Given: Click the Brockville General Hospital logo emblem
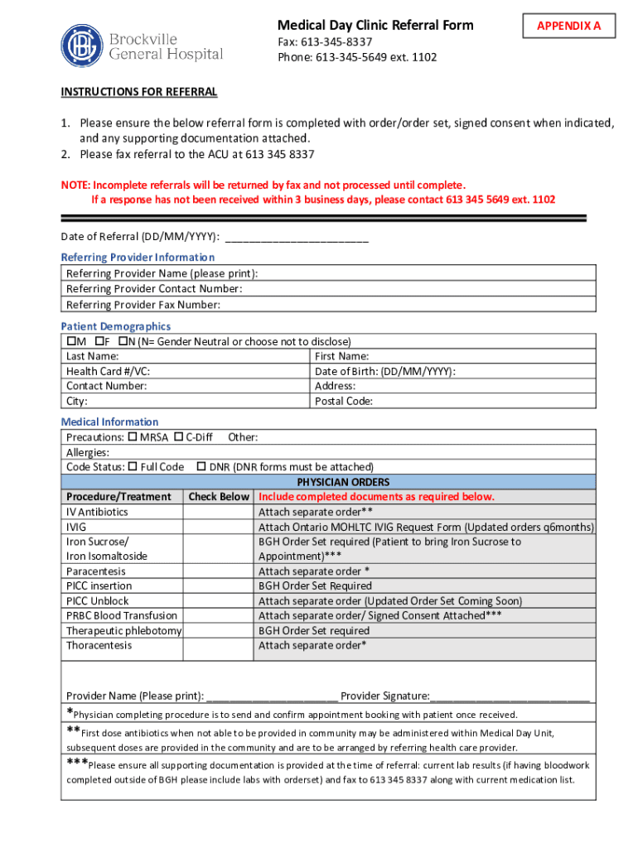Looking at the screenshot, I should click(83, 46).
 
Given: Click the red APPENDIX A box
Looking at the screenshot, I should click(568, 26).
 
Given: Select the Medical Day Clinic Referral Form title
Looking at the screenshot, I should click(375, 25).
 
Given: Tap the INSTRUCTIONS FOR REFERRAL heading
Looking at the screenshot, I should click(139, 91).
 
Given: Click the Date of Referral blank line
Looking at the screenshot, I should click(297, 238).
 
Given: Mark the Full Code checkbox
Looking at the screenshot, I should click(133, 467).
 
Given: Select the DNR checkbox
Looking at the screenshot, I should click(201, 467).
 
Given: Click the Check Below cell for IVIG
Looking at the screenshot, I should click(219, 527).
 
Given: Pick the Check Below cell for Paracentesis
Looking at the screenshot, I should click(219, 571).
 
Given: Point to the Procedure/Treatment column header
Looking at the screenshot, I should click(118, 497).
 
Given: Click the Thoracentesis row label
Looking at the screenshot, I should click(99, 645).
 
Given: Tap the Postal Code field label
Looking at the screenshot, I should click(344, 401).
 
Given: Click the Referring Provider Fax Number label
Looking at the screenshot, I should click(143, 304).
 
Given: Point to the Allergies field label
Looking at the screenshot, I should click(88, 452).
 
